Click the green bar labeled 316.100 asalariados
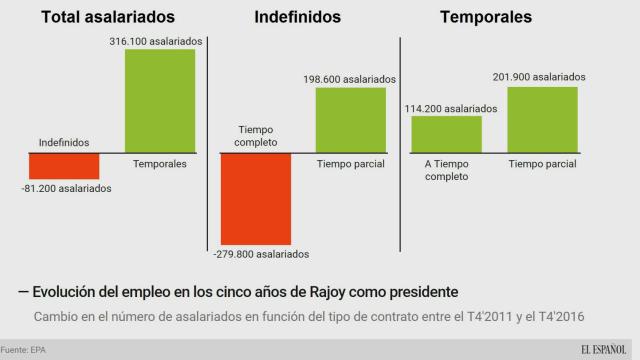[160, 100]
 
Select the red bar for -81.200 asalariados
[64, 165]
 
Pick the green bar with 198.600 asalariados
[351, 120]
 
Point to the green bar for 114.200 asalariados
[447, 134]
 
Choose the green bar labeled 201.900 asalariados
[542, 120]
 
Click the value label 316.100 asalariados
[160, 40]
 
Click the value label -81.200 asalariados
[64, 188]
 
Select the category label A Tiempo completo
[447, 170]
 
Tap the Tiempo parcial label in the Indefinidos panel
[351, 163]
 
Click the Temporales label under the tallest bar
[160, 163]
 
